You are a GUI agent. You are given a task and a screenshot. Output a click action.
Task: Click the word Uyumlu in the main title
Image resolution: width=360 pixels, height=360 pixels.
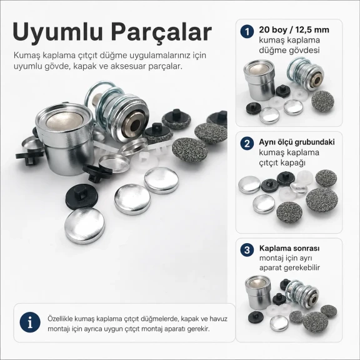pyautogui.click(x=57, y=32)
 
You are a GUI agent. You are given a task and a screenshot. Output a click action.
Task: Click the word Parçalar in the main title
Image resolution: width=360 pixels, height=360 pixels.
pyautogui.click(x=161, y=32)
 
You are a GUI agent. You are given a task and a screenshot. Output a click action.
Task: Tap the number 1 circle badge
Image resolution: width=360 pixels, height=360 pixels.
pyautogui.click(x=247, y=31)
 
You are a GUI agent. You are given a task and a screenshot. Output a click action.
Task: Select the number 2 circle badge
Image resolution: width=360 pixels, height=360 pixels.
pyautogui.click(x=247, y=144)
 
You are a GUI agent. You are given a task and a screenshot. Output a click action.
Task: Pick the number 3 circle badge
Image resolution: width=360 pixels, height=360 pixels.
pyautogui.click(x=247, y=250)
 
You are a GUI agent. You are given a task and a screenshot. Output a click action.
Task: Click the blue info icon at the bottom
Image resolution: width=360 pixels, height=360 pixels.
pyautogui.click(x=30, y=322)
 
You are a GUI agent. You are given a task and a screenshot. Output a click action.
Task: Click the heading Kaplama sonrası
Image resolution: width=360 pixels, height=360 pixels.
pyautogui.click(x=289, y=248)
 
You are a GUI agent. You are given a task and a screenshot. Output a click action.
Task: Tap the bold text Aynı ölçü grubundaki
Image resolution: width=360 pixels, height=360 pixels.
pyautogui.click(x=297, y=142)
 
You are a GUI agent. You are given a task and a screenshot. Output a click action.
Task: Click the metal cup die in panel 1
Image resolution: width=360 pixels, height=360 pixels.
pyautogui.click(x=259, y=80)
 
